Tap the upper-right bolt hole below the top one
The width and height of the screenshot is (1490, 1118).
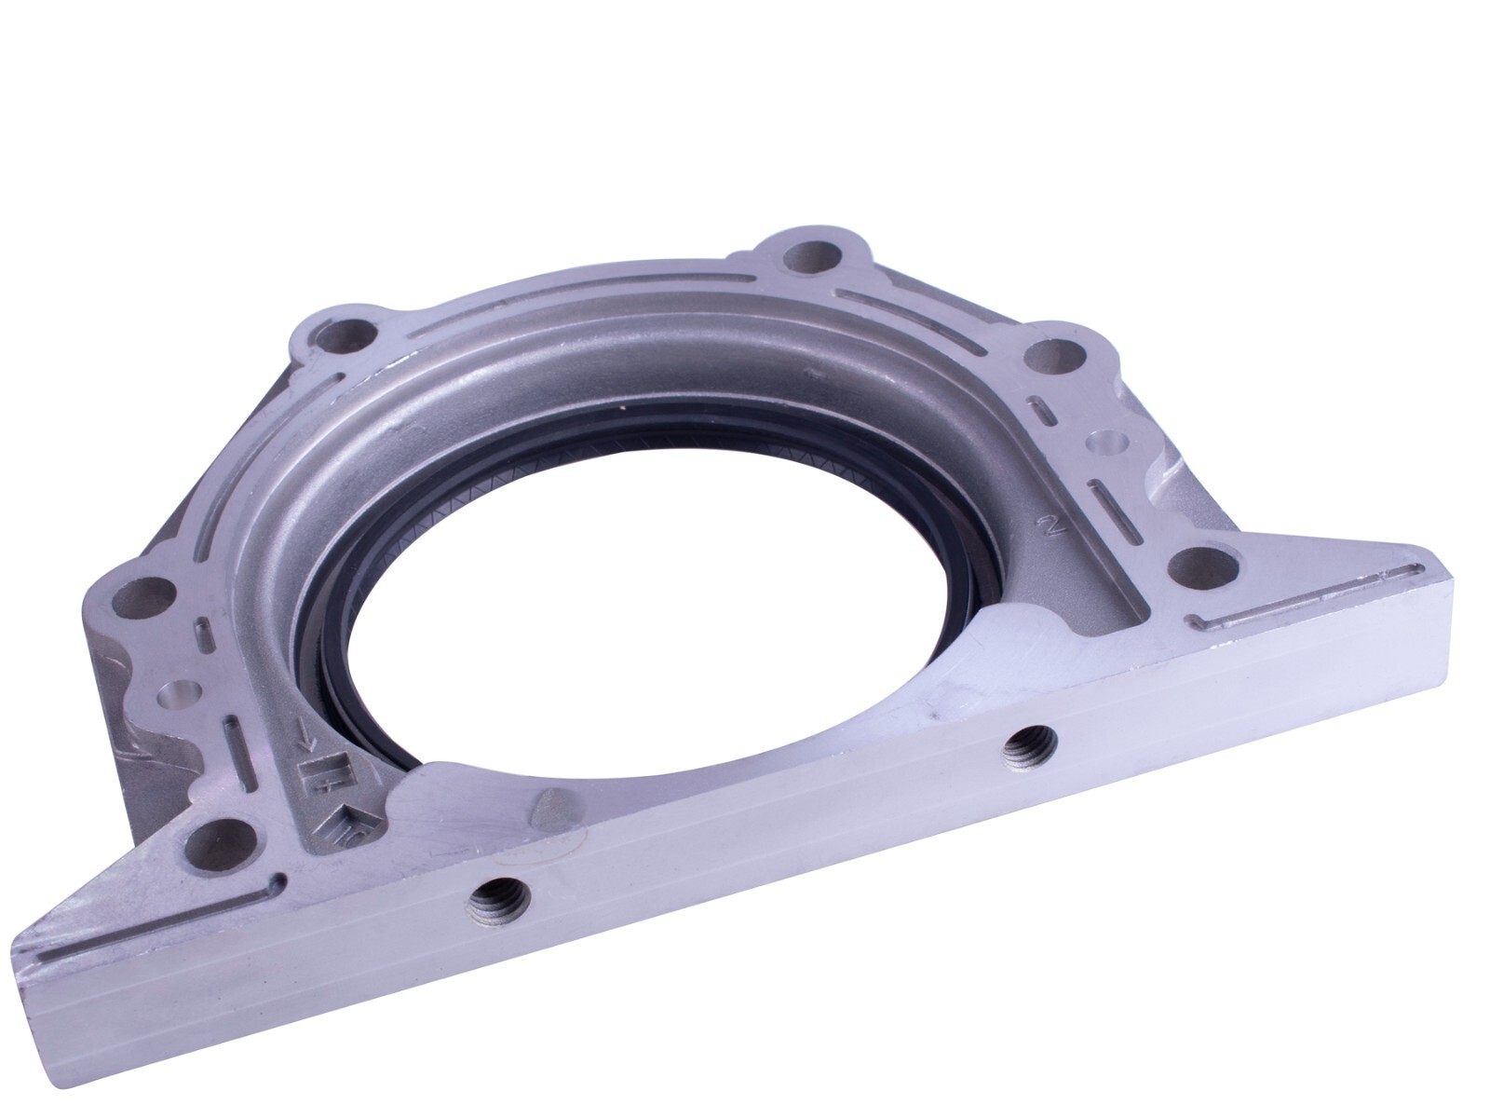coord(1052,355)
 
